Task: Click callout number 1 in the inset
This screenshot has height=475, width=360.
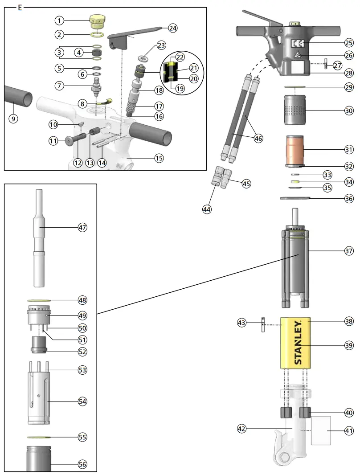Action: [59, 20]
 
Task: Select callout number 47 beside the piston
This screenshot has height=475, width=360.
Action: [82, 227]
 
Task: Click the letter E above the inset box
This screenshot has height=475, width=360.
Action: [20, 8]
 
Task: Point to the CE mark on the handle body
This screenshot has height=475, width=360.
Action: [298, 44]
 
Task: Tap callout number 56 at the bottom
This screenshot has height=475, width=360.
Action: [82, 464]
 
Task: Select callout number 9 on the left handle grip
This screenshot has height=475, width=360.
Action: [13, 119]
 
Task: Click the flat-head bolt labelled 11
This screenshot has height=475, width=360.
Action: [70, 141]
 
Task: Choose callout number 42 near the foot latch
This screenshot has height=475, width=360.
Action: [242, 429]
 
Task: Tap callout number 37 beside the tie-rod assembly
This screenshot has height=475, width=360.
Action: [348, 251]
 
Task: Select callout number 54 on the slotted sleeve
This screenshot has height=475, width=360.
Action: [82, 401]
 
